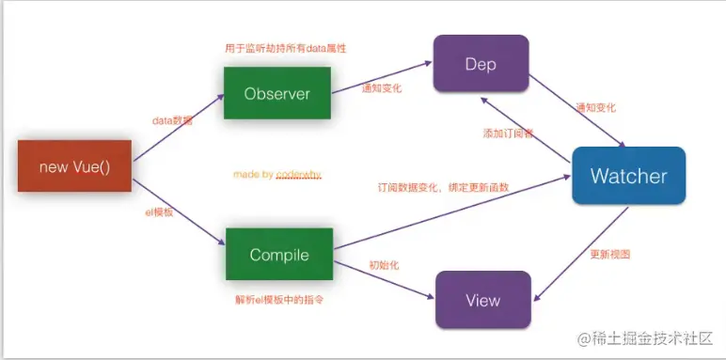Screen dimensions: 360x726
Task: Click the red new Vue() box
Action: pyautogui.click(x=74, y=166)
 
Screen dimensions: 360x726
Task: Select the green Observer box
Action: pyautogui.click(x=276, y=93)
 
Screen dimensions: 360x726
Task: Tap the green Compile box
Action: pyautogui.click(x=279, y=255)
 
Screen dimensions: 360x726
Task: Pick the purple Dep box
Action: pyautogui.click(x=480, y=64)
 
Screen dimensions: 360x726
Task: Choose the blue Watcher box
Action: pyautogui.click(x=628, y=176)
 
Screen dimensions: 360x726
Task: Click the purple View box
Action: pyautogui.click(x=481, y=300)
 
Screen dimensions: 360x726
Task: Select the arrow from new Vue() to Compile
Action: pyautogui.click(x=179, y=211)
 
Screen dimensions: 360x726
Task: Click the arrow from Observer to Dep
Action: pyautogui.click(x=381, y=73)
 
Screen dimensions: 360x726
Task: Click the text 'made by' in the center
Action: pyautogui.click(x=247, y=175)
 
